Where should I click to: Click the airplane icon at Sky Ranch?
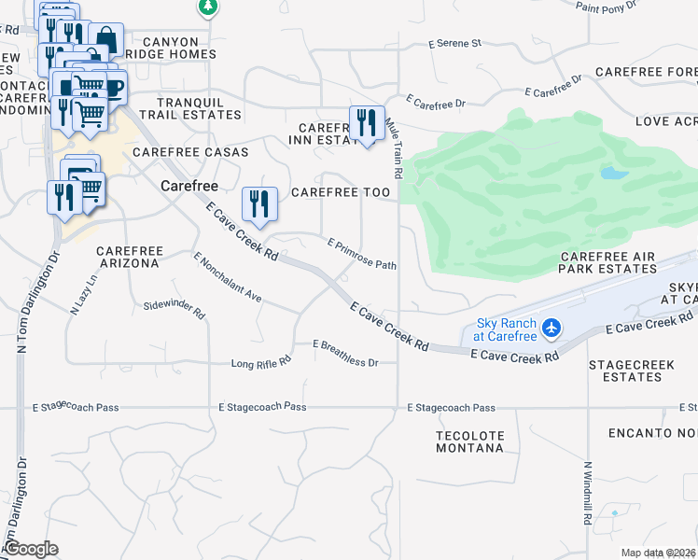(x=551, y=328)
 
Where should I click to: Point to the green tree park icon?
(x=207, y=7)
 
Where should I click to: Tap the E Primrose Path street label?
(x=362, y=253)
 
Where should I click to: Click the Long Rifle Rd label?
(x=261, y=359)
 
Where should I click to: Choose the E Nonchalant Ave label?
(x=227, y=277)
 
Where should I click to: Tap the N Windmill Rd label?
(x=588, y=492)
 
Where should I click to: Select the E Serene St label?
(x=454, y=43)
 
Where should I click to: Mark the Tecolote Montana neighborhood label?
(x=470, y=441)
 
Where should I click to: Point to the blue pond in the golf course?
(x=614, y=174)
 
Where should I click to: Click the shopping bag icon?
(x=106, y=40)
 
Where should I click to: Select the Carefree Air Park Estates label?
(x=608, y=262)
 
